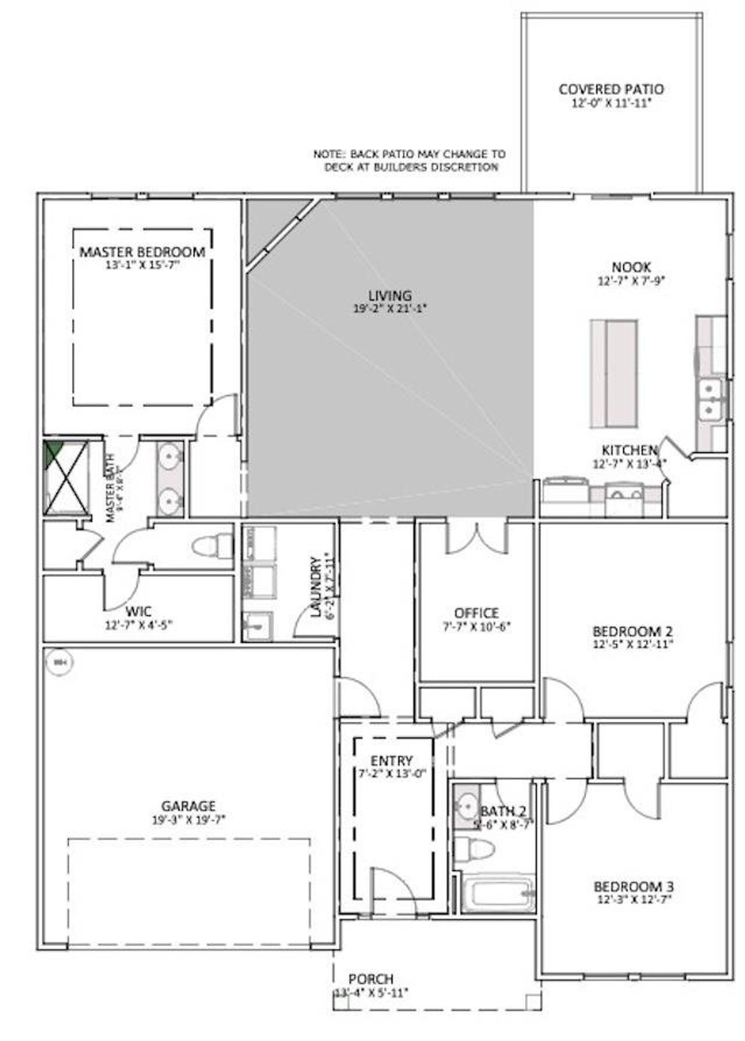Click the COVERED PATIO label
611,90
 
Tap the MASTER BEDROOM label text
142,252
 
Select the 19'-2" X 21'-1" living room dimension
390,309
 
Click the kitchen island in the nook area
613,373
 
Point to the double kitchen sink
709,399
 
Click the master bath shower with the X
66,477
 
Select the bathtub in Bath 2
499,894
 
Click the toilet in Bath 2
474,849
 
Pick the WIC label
139,612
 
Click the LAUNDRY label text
316,587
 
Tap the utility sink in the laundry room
257,626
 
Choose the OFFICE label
476,613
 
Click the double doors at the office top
477,539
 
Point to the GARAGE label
188,806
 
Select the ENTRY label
392,761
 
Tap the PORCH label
371,979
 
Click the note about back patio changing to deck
409,161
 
